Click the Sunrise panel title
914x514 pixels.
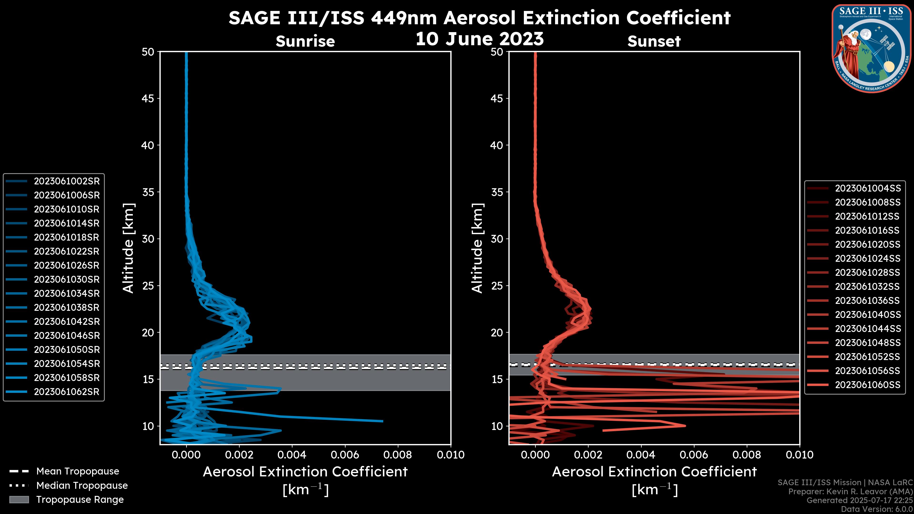305,41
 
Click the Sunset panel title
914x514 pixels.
654,41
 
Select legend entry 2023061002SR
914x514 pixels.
67,181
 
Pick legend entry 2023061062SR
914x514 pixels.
67,392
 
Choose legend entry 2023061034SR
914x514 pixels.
67,294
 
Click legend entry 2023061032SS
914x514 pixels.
867,287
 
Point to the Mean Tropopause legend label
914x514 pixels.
78,471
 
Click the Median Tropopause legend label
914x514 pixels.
82,486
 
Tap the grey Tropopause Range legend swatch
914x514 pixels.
19,500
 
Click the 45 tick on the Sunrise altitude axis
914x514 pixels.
148,99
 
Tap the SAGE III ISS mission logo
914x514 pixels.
871,48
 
